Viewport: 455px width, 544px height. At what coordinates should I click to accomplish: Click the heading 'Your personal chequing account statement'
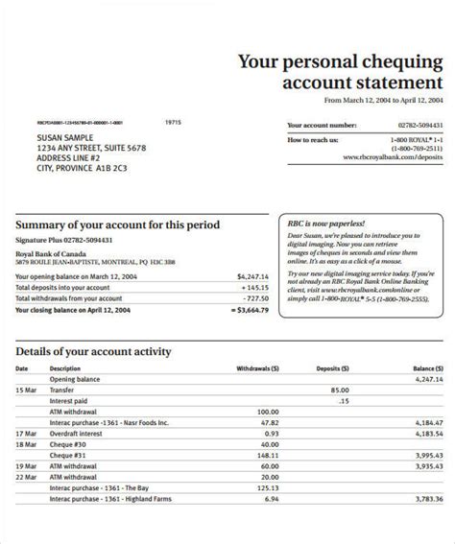pyautogui.click(x=341, y=74)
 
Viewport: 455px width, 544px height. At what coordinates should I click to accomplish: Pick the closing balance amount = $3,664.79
pyautogui.click(x=248, y=310)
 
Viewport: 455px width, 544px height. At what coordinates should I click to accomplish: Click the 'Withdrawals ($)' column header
pyautogui.click(x=249, y=367)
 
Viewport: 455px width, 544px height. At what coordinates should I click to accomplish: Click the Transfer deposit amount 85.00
pyautogui.click(x=339, y=390)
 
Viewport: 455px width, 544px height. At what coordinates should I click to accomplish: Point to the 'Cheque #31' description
pyautogui.click(x=68, y=456)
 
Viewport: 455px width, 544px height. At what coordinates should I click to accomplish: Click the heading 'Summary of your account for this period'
pyautogui.click(x=117, y=225)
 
